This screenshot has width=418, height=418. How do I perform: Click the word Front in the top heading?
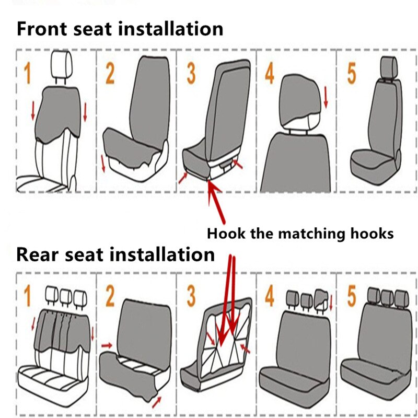point(42,29)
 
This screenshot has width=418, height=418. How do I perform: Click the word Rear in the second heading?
point(37,254)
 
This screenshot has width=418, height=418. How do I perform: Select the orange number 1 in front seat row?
point(27,73)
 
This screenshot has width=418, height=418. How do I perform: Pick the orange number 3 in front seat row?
point(191,74)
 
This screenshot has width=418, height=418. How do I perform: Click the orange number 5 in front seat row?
point(351,74)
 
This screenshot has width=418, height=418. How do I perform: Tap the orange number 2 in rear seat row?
point(110,296)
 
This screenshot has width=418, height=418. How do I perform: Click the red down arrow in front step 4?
point(326,97)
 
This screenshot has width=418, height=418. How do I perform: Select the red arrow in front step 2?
point(103,164)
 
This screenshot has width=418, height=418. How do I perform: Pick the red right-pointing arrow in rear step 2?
point(107,346)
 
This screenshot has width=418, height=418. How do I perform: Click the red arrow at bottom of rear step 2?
point(156,402)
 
